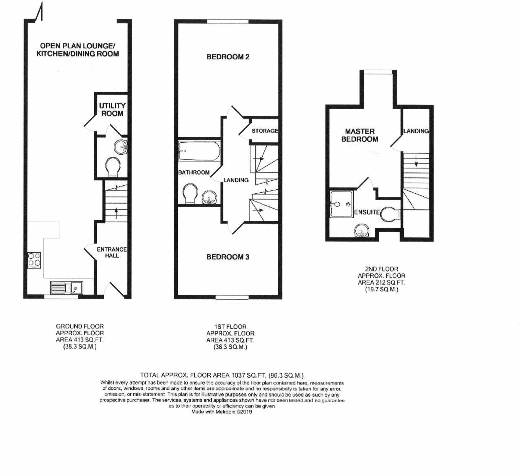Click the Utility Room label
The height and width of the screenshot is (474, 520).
click(112, 110)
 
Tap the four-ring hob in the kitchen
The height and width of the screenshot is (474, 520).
click(34, 260)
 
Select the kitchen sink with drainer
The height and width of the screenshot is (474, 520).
click(66, 288)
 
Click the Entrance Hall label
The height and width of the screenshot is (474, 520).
click(112, 252)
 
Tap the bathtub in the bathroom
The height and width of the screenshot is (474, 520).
click(199, 151)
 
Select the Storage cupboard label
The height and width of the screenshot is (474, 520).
click(265, 131)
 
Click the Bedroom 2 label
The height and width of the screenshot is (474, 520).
click(228, 57)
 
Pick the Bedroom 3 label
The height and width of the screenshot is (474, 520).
click(228, 257)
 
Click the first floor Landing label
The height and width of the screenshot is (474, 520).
click(236, 180)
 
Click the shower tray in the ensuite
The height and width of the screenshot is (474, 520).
click(341, 204)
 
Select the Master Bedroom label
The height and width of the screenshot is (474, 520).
click(360, 135)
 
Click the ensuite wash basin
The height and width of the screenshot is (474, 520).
click(362, 230)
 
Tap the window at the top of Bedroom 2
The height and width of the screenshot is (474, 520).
click(227, 21)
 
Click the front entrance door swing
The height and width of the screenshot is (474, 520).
click(115, 290)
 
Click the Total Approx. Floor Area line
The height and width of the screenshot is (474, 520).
click(222, 375)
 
